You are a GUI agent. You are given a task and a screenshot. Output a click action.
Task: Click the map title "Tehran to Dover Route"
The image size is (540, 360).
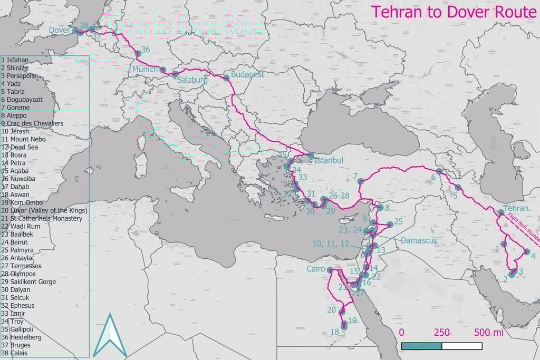pyautogui.click(x=454, y=12)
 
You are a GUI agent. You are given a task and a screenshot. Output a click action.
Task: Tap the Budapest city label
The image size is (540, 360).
pyautogui.click(x=247, y=75)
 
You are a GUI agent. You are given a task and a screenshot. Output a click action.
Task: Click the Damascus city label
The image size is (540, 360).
pyautogui.click(x=419, y=240)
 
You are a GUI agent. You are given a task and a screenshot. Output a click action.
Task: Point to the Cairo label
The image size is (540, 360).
pyautogui.click(x=316, y=269)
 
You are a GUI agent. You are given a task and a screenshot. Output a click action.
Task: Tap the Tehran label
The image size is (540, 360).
pyautogui.click(x=516, y=208)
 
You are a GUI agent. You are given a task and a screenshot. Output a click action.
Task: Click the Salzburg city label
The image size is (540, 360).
pyautogui.click(x=192, y=81)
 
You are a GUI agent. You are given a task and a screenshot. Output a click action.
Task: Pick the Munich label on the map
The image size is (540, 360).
pyautogui.click(x=145, y=70)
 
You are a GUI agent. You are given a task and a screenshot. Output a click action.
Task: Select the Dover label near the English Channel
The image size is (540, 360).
pyautogui.click(x=60, y=31)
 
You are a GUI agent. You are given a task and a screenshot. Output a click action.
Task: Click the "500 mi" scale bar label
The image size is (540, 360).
pyautogui.click(x=488, y=333)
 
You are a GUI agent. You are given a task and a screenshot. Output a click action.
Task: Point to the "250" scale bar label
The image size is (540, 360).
pyautogui.click(x=441, y=333)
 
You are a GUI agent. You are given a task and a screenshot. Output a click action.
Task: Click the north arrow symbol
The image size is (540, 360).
pyautogui.click(x=110, y=336)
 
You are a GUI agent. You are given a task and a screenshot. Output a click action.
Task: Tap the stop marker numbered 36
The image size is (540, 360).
pyautogui.click(x=138, y=54)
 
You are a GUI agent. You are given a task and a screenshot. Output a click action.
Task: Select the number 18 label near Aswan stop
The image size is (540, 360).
pyautogui.click(x=334, y=332)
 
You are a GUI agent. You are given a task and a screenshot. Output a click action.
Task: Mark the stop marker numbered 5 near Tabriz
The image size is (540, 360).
pyautogui.click(x=458, y=188)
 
